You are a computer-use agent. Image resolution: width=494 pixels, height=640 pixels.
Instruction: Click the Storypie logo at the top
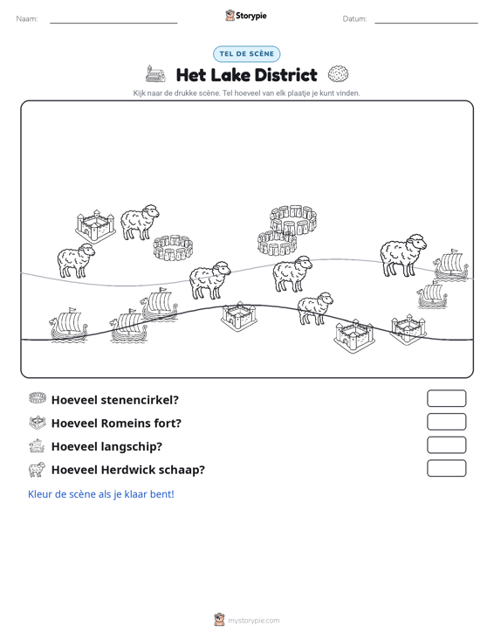coord(246,16)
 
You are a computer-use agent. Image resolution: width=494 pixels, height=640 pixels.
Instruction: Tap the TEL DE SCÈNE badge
coord(246,54)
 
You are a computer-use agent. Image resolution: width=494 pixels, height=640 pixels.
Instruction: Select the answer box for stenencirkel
coord(446,398)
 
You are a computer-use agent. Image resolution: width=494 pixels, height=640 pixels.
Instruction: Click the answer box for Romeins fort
coord(446,422)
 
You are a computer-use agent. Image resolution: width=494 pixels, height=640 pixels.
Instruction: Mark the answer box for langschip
coord(446,445)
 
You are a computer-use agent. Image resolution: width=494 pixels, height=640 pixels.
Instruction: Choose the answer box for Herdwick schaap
coord(446,468)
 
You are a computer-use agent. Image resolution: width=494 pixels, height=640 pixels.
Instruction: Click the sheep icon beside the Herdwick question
coord(37,470)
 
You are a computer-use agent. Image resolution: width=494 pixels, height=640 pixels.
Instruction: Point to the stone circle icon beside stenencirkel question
coord(38,398)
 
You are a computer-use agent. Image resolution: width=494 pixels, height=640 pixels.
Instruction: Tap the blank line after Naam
coord(113,23)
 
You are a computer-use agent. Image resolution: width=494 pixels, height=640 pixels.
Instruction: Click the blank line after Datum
coord(426,23)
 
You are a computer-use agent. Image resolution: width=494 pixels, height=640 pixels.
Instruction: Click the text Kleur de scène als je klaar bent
coord(100,494)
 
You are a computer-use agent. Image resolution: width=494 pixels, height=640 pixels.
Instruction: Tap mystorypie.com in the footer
coord(253,621)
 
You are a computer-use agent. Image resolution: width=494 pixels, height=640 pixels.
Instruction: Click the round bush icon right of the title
coord(338,74)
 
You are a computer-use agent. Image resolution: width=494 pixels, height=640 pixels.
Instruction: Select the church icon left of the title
coord(155,74)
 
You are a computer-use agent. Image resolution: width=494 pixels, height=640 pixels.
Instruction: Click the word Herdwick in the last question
coord(127,470)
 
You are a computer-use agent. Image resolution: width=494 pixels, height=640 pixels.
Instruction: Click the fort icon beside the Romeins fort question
coord(38,423)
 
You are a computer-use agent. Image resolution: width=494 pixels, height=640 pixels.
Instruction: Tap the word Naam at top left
coord(26,19)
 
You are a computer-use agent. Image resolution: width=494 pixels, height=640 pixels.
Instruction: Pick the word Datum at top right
coord(354,19)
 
